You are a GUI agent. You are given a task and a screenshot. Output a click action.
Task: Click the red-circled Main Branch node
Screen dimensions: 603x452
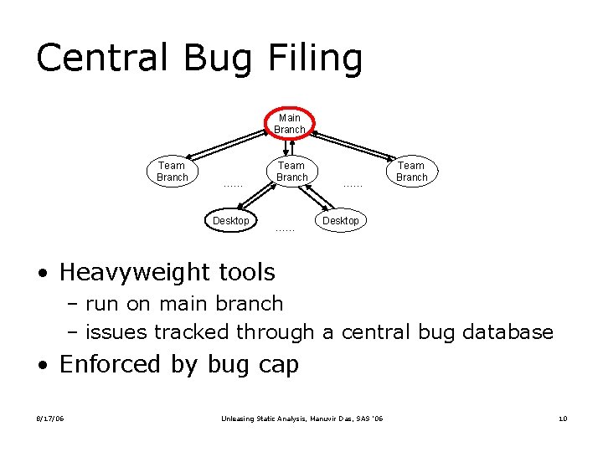coord(290,124)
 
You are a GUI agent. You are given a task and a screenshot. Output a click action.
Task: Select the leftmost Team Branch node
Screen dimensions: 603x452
coord(173,172)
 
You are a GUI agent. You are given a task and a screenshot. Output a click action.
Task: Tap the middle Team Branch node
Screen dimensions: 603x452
coord(291,172)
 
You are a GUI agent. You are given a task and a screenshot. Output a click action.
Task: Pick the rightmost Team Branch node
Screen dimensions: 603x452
coord(411,172)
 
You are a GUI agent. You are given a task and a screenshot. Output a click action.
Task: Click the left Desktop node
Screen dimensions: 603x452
coord(230,221)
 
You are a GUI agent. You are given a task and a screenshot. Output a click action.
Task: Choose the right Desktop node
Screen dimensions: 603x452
coord(341,221)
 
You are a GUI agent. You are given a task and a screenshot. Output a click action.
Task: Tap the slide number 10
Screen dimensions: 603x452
coord(563,419)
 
